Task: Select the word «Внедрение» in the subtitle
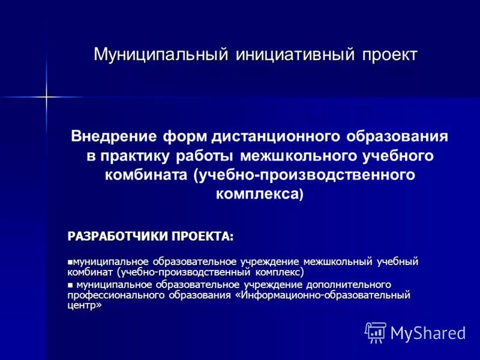tap(114, 136)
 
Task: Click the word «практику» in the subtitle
tap(134, 156)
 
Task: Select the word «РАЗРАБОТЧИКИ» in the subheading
tap(117, 236)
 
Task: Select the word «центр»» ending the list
tap(85, 305)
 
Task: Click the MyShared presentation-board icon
tap(376, 332)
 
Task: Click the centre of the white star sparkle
tap(46, 96)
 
